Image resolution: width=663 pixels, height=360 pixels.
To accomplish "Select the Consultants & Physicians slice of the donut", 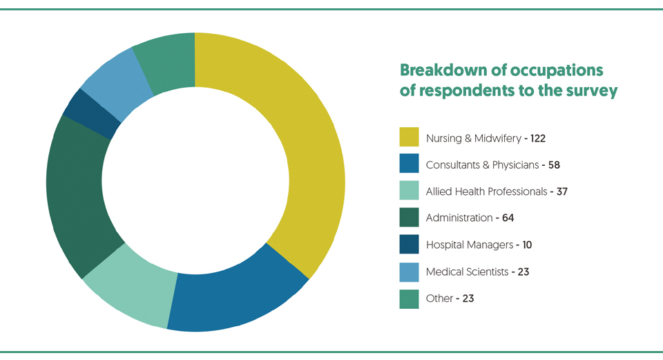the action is coord(237,296).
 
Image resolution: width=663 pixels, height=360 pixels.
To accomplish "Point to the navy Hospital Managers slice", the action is coord(91,113).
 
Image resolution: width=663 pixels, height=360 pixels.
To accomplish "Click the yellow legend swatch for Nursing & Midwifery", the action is coord(409,137).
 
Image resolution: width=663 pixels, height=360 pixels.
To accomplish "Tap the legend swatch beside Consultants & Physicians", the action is coord(409,163).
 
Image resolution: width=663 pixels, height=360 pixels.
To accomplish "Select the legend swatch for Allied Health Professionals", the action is coord(409,190).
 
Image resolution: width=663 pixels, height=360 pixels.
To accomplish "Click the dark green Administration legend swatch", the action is coord(409,217).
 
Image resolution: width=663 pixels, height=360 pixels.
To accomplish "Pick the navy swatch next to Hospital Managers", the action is coord(409,244).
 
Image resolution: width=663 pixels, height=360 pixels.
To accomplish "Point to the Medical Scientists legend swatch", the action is coord(409,272).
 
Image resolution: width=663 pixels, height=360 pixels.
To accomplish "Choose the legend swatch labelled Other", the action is coord(409,299).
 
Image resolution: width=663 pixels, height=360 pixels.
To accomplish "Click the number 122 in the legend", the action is coord(538,138).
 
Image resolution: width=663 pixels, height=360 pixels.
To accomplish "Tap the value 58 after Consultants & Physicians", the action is coord(554,165).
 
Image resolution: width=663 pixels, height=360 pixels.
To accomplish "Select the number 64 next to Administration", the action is coord(508,218).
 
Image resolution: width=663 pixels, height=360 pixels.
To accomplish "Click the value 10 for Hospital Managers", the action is coord(527,245).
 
